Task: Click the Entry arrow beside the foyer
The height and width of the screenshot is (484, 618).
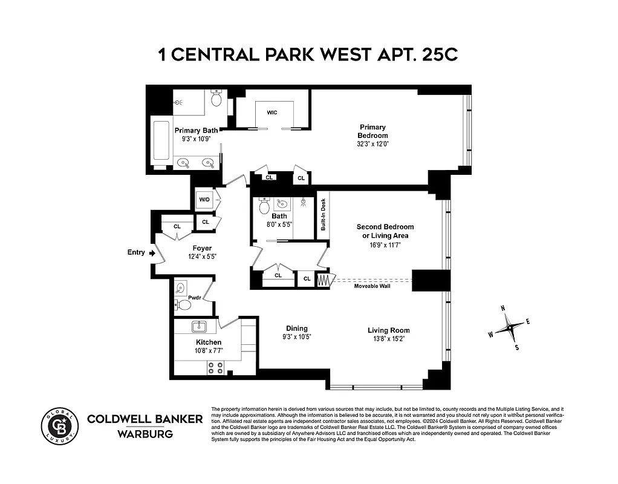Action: click(x=151, y=253)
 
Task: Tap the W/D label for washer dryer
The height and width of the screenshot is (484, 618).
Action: click(x=204, y=200)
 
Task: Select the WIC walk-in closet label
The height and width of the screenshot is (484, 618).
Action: click(x=272, y=113)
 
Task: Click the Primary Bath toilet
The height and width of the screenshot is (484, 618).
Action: click(x=216, y=98)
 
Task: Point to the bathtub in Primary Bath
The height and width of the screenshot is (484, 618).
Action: click(x=161, y=142)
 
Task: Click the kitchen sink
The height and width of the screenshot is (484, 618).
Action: click(x=200, y=327)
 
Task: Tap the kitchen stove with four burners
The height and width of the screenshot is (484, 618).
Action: click(x=215, y=367)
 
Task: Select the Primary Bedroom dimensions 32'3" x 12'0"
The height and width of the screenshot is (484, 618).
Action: click(x=372, y=144)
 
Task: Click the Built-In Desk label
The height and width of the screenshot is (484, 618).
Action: click(x=323, y=215)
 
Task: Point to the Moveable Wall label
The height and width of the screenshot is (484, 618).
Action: click(x=372, y=286)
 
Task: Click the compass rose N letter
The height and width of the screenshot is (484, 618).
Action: click(x=503, y=308)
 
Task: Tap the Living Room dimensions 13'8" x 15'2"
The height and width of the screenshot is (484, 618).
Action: click(x=389, y=339)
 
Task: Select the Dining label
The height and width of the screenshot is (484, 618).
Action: click(x=297, y=329)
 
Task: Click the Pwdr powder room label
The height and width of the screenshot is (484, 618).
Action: click(x=194, y=298)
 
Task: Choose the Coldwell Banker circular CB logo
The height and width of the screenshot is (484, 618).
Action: click(x=59, y=426)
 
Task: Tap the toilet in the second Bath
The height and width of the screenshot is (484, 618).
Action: click(x=264, y=208)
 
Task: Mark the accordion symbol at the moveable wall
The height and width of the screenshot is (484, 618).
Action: click(x=325, y=280)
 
